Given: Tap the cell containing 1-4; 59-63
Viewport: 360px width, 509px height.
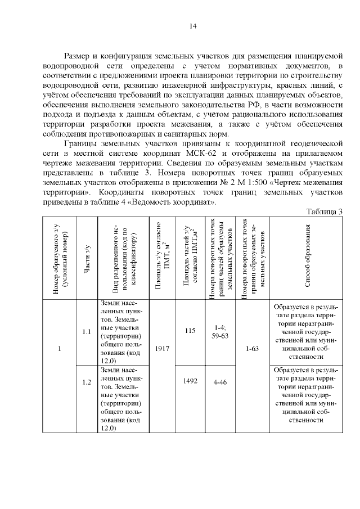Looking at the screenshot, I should click(220, 331).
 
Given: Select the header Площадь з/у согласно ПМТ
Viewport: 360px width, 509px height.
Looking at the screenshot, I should click(159, 256).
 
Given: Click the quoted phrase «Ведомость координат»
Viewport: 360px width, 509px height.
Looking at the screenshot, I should click(180, 202).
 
